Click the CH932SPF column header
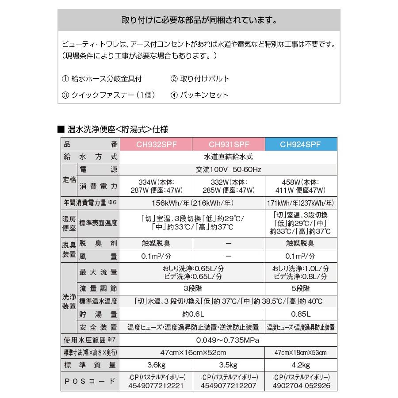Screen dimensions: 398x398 coord(156,144)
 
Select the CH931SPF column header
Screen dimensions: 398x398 coord(229,144)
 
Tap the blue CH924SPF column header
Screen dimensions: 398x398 coord(301,144)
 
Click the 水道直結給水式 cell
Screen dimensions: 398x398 coord(229,157)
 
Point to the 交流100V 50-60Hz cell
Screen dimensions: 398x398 coord(229,170)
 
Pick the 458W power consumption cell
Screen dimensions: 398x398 coord(301,186)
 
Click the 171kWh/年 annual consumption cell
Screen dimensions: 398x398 coord(301,203)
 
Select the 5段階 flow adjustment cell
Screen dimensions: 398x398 coord(301,288)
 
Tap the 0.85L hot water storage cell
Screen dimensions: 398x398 coord(301,314)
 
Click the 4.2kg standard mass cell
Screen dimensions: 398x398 coord(301,365)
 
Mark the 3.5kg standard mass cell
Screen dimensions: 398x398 coord(229,365)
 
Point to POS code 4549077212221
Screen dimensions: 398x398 coord(156,385)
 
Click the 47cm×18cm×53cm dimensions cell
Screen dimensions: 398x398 coord(301,352)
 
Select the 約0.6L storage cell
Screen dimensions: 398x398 coord(192,314)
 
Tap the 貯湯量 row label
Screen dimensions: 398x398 coord(98,314)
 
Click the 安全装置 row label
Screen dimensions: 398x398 coord(98,327)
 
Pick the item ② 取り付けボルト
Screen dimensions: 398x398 coord(200,79)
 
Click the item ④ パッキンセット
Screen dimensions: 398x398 coord(199,95)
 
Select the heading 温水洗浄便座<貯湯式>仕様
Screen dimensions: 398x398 coord(117,129)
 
